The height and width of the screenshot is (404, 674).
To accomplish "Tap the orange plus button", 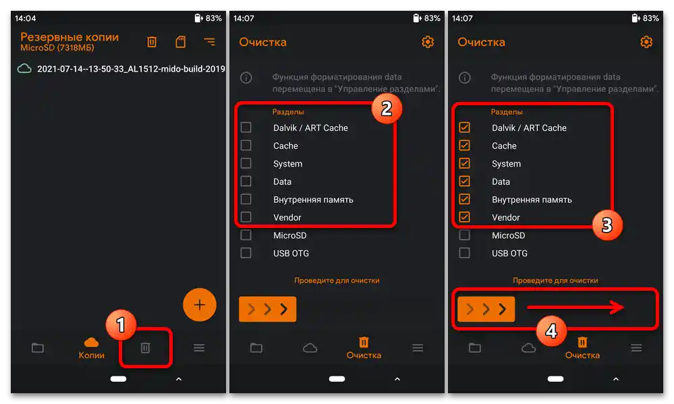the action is point(200,305).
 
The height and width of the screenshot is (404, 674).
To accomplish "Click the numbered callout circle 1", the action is point(121,324).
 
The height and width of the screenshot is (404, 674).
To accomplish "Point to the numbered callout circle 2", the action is point(387,109).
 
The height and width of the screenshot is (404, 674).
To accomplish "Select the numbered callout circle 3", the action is point(607,225).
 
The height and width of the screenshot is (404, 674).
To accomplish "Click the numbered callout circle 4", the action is point(551,331).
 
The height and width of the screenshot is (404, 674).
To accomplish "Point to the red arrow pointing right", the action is point(575,307).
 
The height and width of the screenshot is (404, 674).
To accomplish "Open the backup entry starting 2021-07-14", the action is point(131,69).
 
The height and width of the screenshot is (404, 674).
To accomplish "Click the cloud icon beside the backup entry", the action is point(24,68).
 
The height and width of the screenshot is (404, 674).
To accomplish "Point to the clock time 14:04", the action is point(26,18).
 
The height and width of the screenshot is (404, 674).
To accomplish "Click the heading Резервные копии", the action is point(69,37).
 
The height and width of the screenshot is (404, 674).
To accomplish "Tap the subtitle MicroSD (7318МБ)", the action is point(57,48).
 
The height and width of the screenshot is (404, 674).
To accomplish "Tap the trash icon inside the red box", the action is point(145,348).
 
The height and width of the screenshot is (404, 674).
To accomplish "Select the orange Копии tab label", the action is point(91,355).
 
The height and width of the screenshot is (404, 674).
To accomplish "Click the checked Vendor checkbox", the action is point(464,217).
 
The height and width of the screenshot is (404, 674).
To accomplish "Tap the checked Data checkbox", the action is point(464,181).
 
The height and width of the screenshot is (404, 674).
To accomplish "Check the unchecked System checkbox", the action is point(246,163).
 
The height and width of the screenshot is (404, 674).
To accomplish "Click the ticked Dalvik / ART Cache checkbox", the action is point(464,127).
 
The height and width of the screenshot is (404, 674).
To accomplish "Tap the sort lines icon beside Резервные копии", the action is point(209,42).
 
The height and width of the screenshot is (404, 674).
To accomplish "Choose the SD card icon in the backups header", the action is point(181,42).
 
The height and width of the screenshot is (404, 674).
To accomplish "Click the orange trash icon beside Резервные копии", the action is point(152,42).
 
